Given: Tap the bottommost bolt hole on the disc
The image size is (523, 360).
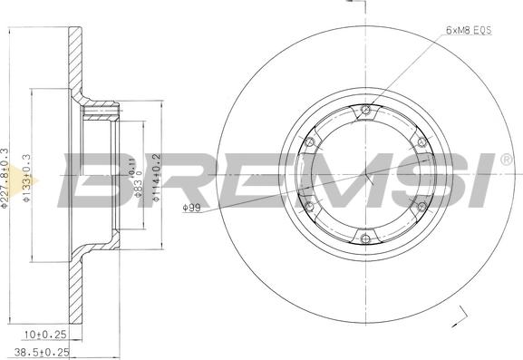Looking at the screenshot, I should pyautogui.click(x=365, y=239).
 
